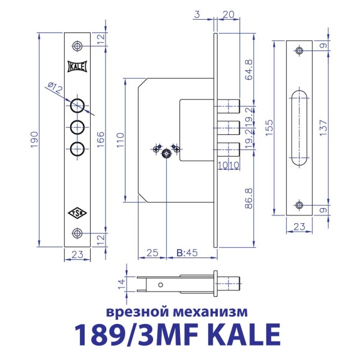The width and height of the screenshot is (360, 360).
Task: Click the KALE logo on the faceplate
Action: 77,67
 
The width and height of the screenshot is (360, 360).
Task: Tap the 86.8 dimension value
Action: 249,197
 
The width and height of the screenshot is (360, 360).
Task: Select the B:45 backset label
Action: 187,253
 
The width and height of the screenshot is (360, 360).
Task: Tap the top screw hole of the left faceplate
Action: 77,46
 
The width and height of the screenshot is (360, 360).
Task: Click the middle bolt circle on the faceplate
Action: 77,127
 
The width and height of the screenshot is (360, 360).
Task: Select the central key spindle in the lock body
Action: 166,154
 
